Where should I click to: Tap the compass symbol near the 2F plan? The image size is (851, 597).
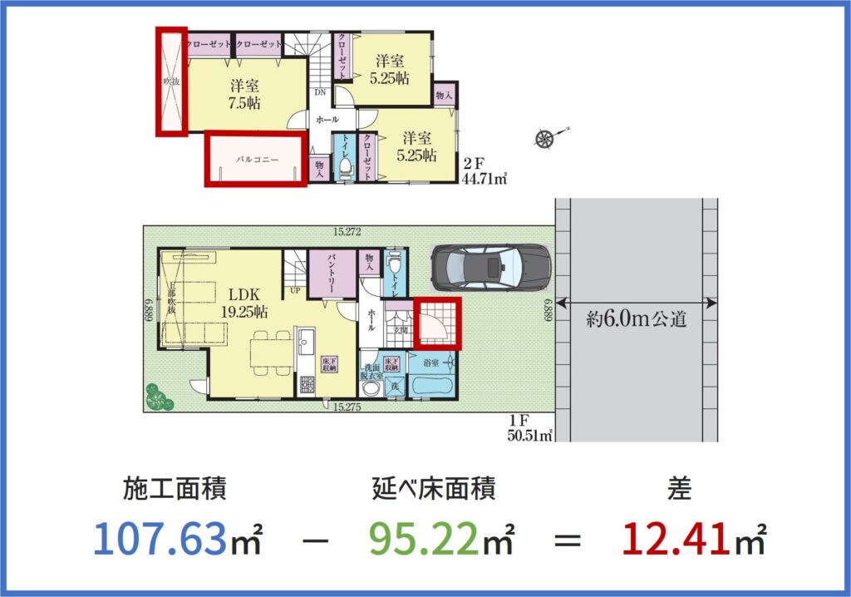(546, 139)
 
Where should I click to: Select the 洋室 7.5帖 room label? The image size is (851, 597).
(243, 94)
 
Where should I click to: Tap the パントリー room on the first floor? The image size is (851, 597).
(331, 275)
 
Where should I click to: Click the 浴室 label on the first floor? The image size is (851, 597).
(430, 363)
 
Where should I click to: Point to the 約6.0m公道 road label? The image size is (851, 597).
(636, 319)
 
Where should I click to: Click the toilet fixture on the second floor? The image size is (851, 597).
(343, 165)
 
